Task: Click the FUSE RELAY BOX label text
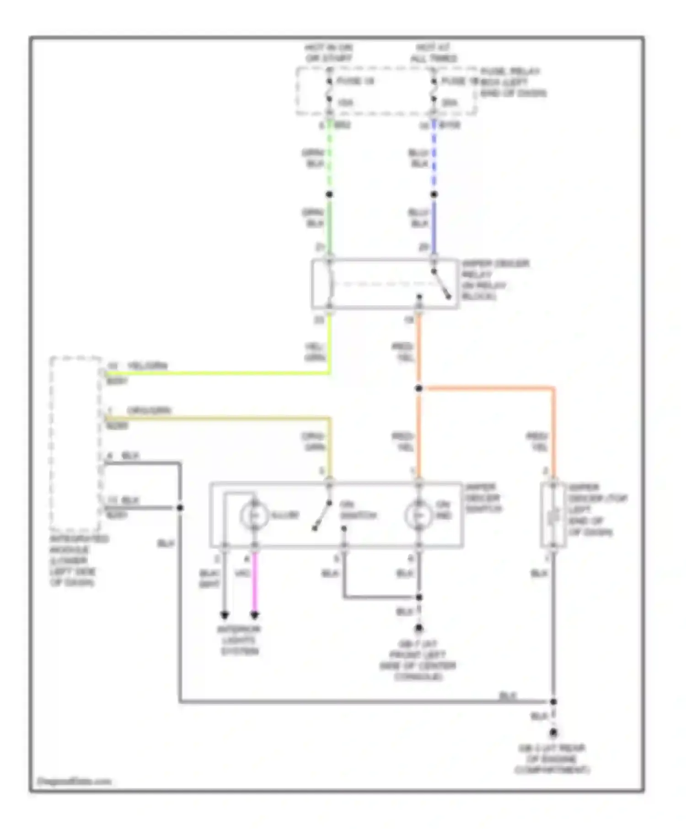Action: coord(512,82)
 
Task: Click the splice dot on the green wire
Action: coord(329,195)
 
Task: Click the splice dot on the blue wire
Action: coord(434,195)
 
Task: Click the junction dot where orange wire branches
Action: coord(418,388)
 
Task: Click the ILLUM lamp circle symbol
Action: coord(254,515)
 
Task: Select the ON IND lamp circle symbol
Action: coord(418,515)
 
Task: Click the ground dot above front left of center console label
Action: coord(418,629)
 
